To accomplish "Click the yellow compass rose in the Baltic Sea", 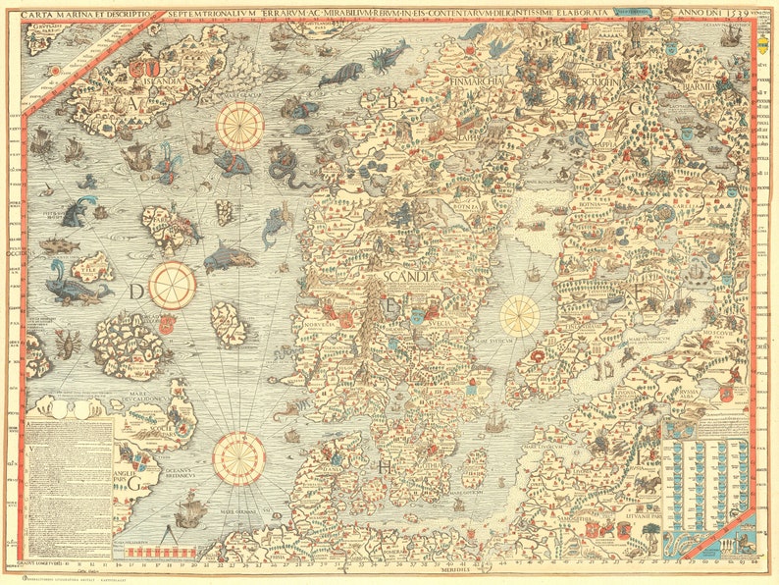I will click(x=520, y=314).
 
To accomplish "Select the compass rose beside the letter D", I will click(x=173, y=285).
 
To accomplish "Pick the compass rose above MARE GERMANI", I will click(x=239, y=457).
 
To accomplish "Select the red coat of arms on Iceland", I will click(x=146, y=70).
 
